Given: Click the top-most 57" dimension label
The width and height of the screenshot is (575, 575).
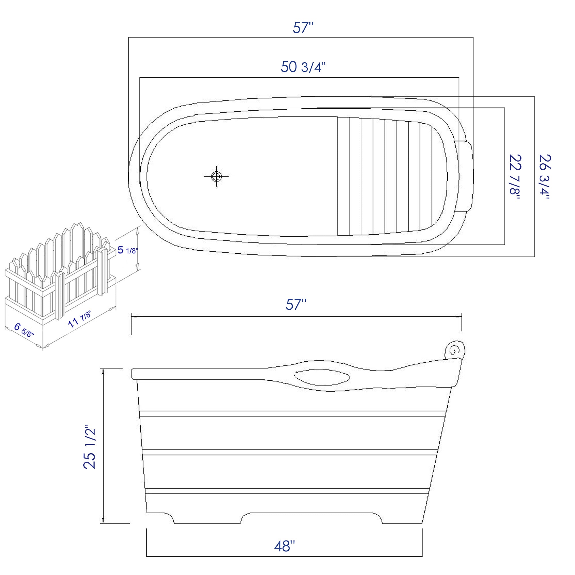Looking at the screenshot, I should (x=303, y=28).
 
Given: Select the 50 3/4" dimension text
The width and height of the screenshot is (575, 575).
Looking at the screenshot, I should (x=303, y=67).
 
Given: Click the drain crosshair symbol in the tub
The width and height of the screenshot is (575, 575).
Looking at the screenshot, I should (x=216, y=176).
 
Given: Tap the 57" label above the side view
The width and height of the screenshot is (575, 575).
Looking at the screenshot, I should (x=296, y=304).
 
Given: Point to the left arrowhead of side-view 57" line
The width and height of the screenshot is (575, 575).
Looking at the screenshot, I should (x=134, y=317).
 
